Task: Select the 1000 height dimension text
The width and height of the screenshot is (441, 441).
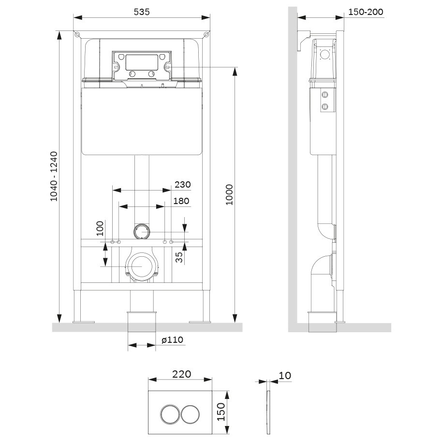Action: [230, 195]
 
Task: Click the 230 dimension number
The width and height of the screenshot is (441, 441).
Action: [182, 184]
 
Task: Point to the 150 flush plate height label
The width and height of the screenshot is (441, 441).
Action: [221, 412]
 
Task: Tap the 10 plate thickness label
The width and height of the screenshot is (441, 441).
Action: [285, 375]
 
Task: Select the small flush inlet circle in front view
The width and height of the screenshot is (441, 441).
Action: [141, 232]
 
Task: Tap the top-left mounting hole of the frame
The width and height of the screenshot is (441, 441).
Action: [77, 35]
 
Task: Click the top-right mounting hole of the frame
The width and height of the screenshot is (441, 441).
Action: [206, 35]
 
